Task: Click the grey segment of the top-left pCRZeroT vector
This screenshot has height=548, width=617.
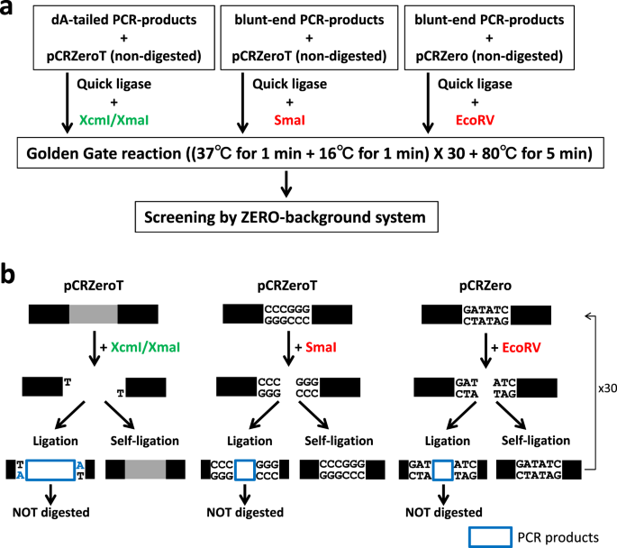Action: click(93, 314)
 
